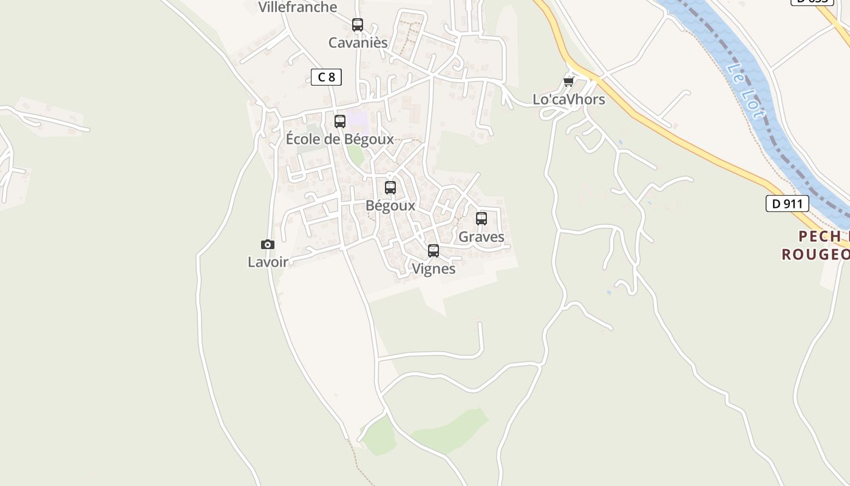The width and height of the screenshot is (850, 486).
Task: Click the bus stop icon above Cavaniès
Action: pyautogui.click(x=358, y=25)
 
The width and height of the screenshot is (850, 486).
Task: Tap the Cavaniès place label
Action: pyautogui.click(x=358, y=43)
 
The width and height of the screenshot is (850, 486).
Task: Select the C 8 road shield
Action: pyautogui.click(x=326, y=77)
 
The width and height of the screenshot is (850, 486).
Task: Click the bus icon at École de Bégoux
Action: pyautogui.click(x=340, y=122)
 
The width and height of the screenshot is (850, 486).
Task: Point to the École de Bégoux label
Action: pyautogui.click(x=340, y=139)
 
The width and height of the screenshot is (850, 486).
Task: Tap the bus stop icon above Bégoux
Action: pyautogui.click(x=390, y=188)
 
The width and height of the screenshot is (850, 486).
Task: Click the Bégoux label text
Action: pyautogui.click(x=390, y=205)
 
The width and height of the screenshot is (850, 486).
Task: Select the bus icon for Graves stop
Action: pyautogui.click(x=481, y=219)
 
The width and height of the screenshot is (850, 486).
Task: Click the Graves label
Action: pyautogui.click(x=481, y=236)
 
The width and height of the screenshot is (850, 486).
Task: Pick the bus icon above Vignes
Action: pyautogui.click(x=433, y=251)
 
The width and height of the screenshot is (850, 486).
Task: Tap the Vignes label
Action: pyautogui.click(x=433, y=269)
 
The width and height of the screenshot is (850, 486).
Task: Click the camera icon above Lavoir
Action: pyautogui.click(x=268, y=245)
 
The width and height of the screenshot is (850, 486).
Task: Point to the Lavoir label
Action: pyautogui.click(x=268, y=262)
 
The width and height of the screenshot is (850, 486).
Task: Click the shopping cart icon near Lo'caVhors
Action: pyautogui.click(x=568, y=82)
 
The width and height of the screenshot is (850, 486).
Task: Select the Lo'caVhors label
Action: pyautogui.click(x=569, y=100)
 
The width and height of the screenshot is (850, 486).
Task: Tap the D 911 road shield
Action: pyautogui.click(x=787, y=204)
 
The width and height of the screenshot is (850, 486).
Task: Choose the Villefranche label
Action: pyautogui.click(x=297, y=7)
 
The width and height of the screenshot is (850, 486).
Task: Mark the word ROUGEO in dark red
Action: pyautogui.click(x=815, y=254)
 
